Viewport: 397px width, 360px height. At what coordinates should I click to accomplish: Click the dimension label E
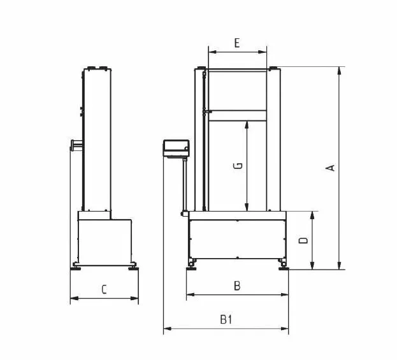coord(236,43)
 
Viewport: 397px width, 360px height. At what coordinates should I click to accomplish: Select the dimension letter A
coord(331,168)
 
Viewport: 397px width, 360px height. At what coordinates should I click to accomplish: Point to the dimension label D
coord(303,240)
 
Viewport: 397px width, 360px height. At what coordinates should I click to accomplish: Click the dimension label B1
coord(226,319)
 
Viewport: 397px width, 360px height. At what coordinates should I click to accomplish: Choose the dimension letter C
coord(104,290)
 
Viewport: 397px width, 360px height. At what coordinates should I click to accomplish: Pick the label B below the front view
coord(237,286)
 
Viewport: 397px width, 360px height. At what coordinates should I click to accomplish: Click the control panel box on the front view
coord(177,148)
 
